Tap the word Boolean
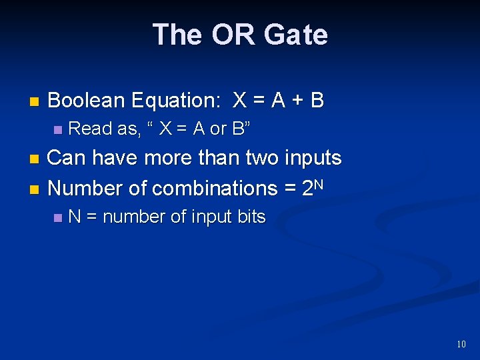(x=87, y=101)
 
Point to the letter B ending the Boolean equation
(x=317, y=101)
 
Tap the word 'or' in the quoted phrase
(x=219, y=129)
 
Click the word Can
(x=67, y=159)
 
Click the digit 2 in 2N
(x=307, y=189)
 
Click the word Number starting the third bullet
(x=85, y=189)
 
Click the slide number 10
(x=461, y=345)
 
